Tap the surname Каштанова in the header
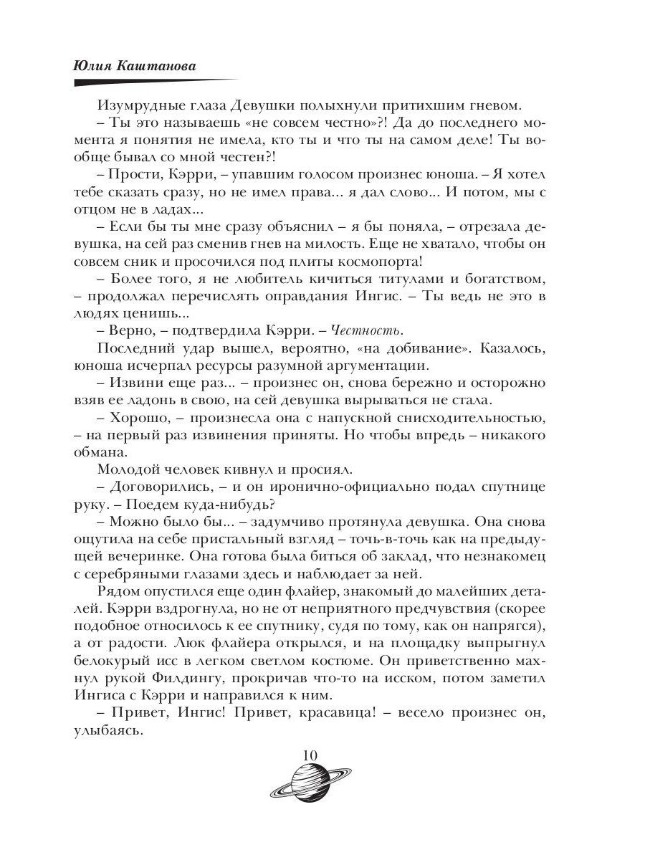pos(158,64)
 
